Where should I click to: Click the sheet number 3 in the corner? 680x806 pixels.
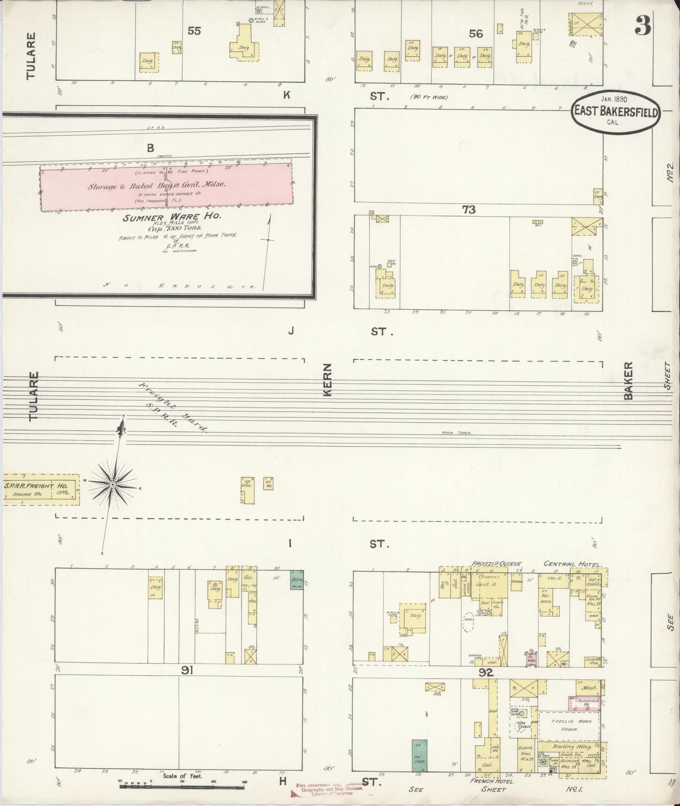pos(643,25)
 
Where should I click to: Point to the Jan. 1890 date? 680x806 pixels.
pos(615,100)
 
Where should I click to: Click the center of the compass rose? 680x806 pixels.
pos(113,484)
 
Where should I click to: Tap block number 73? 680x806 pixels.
pos(469,210)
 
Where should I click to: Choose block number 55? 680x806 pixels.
pos(194,31)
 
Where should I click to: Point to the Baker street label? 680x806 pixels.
pos(629,380)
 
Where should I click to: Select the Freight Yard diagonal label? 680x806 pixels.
pos(172,407)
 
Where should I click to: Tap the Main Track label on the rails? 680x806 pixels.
pos(456,433)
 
